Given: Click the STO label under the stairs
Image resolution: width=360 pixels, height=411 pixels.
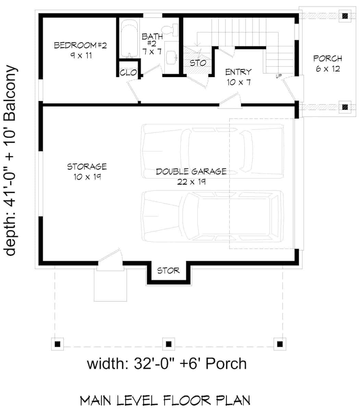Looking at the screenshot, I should point(198,63).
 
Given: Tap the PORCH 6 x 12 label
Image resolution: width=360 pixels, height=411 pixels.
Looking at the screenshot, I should point(327,63).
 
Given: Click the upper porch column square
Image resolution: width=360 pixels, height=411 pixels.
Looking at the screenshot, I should point(345,16).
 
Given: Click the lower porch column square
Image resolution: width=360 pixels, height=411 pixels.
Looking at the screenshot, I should point(345,107).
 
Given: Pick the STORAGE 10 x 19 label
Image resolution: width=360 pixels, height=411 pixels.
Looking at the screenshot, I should point(87,172).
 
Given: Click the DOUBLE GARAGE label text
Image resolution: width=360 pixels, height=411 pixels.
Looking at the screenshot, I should point(191,171).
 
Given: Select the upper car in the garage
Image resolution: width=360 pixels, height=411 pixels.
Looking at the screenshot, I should point(213,150).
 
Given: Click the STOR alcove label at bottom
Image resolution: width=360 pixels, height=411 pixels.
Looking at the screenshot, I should point(168,271).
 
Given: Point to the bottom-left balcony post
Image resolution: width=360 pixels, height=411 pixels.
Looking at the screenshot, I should point(58,344).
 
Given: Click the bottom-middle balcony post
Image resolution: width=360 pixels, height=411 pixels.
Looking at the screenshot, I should point(169,344).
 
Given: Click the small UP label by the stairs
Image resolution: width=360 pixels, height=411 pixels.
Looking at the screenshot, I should point(278,76).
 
